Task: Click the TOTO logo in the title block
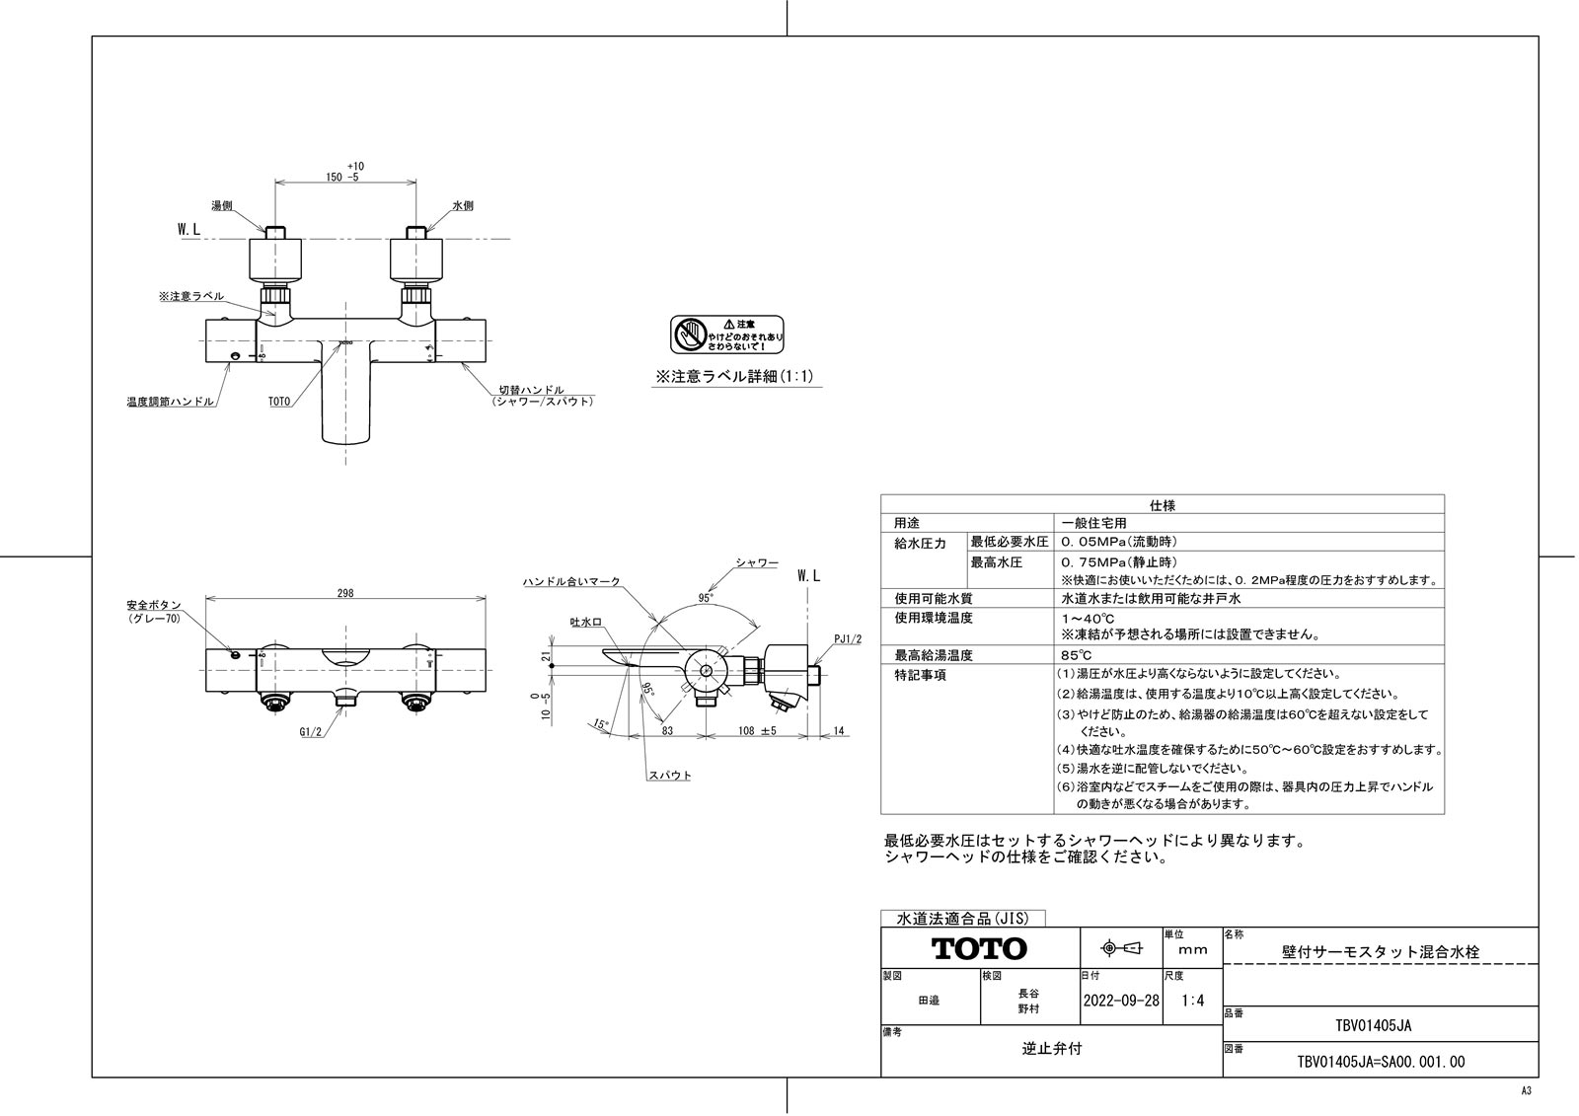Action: click(x=979, y=949)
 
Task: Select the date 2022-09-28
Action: click(x=1120, y=1000)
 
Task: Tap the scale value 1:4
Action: click(x=1192, y=1000)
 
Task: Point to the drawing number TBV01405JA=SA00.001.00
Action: click(x=1380, y=1062)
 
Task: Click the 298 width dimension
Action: click(x=344, y=593)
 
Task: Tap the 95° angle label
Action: click(x=705, y=597)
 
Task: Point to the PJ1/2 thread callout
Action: click(x=847, y=639)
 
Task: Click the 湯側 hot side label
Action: click(x=221, y=206)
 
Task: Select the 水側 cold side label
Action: click(x=463, y=206)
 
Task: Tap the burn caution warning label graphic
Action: click(x=726, y=335)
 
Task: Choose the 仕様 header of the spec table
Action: click(x=1162, y=504)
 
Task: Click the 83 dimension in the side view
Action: click(x=667, y=730)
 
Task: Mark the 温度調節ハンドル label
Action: click(x=170, y=402)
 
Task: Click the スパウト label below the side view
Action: click(x=669, y=776)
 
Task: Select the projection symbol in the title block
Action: click(x=1120, y=948)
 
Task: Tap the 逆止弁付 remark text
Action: click(x=1051, y=1049)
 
